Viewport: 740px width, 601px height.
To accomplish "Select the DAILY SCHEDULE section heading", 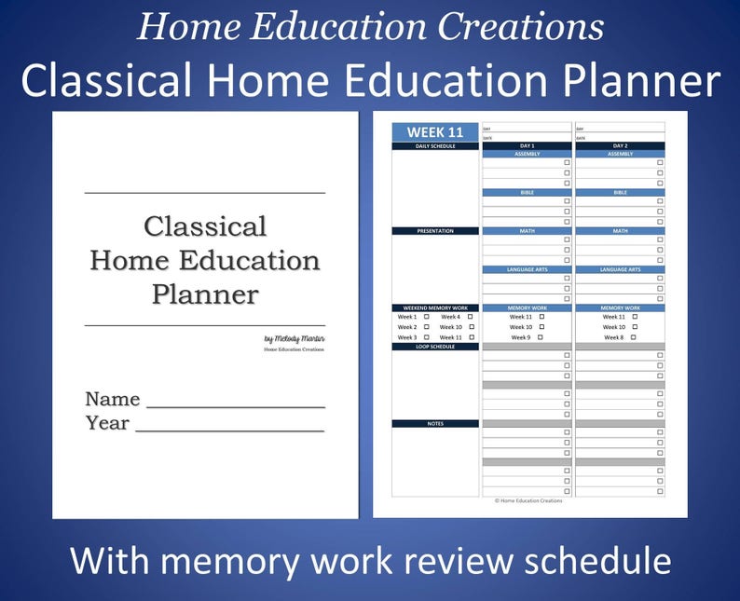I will [435, 146].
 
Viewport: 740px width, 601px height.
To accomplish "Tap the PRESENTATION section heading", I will [435, 231].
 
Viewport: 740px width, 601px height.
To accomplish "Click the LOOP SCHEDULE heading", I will [435, 347].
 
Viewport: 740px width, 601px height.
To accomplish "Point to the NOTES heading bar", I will [435, 424].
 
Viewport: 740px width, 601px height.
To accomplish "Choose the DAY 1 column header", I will [527, 146].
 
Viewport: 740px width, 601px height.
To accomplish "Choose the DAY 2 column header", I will [620, 146].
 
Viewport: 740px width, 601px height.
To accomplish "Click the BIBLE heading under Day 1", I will [527, 193].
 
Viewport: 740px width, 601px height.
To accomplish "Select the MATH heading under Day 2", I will [620, 231].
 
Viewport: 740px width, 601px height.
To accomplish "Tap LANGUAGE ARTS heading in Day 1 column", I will [527, 269].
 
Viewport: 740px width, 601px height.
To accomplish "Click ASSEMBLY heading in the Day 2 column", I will [620, 154].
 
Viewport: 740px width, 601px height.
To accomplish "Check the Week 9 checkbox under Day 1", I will [541, 337].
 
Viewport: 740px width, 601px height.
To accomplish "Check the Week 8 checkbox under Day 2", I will [634, 337].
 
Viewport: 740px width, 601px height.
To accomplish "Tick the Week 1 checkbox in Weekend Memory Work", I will [427, 317].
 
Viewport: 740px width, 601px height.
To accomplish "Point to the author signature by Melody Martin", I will [295, 339].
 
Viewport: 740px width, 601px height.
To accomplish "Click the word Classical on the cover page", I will [205, 226].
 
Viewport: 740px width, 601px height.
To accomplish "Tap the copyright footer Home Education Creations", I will [529, 500].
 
